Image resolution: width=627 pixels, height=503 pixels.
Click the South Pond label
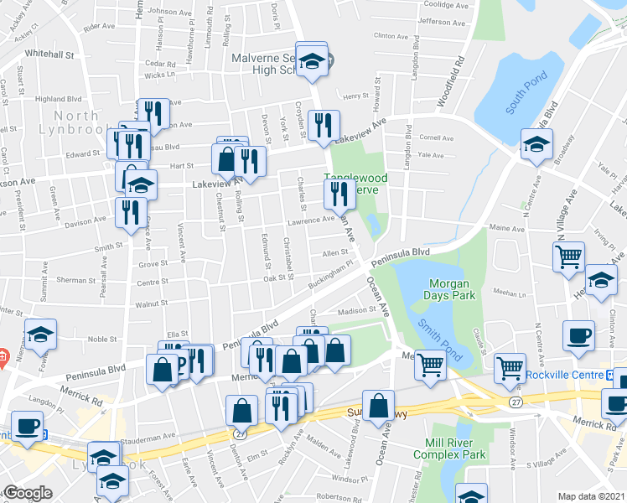pyautogui.click(x=527, y=93)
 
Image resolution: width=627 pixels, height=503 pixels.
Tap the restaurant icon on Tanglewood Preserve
pyautogui.click(x=339, y=194)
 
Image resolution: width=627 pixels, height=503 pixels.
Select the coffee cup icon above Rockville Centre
pyautogui.click(x=578, y=334)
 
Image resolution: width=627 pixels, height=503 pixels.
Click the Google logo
pyautogui.click(x=28, y=493)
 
